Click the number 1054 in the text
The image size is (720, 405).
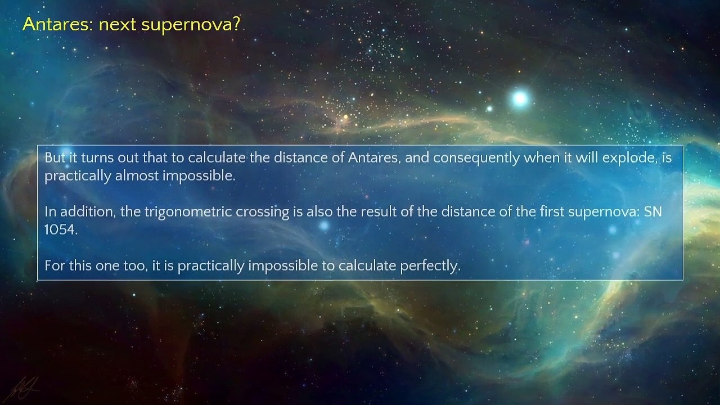click(x=60, y=229)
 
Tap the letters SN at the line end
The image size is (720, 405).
click(x=653, y=211)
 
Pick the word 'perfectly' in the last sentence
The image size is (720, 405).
click(x=430, y=265)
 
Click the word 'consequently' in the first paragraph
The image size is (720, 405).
click(x=476, y=158)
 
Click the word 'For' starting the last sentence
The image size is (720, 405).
click(x=55, y=265)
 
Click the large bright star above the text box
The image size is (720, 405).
click(x=520, y=99)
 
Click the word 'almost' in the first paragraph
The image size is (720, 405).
click(x=137, y=175)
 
